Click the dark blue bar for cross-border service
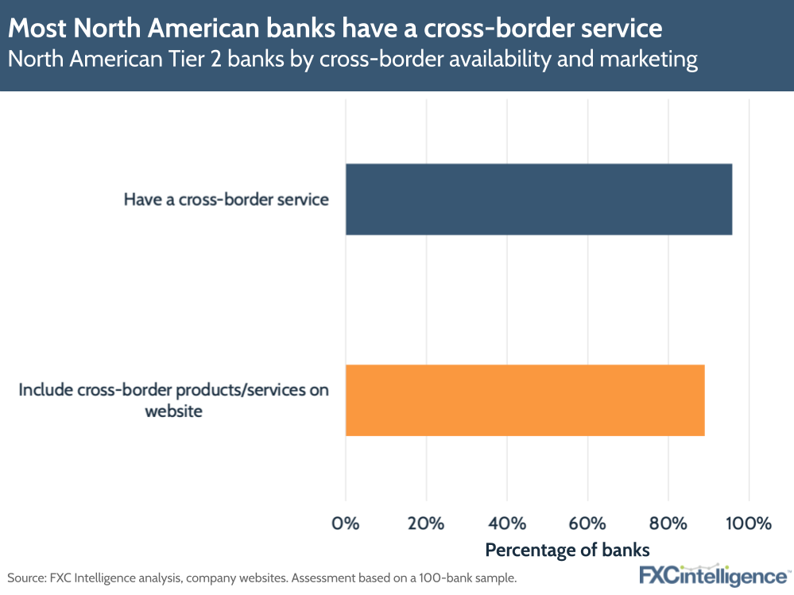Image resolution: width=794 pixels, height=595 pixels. click(x=538, y=199)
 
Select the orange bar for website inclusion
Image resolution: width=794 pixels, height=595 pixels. click(x=525, y=400)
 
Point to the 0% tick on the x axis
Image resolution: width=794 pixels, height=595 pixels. click(x=346, y=524)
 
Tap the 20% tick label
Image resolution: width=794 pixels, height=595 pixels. click(x=427, y=524)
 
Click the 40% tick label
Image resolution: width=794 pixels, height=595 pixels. click(x=507, y=524)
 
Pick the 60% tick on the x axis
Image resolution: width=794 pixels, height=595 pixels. click(x=587, y=524)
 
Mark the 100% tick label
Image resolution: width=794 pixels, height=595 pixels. click(x=749, y=524)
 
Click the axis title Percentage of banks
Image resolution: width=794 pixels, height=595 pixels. click(x=567, y=550)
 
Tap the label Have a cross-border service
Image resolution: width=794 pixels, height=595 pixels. click(x=226, y=199)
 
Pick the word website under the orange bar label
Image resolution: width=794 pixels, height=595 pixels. click(x=173, y=411)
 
